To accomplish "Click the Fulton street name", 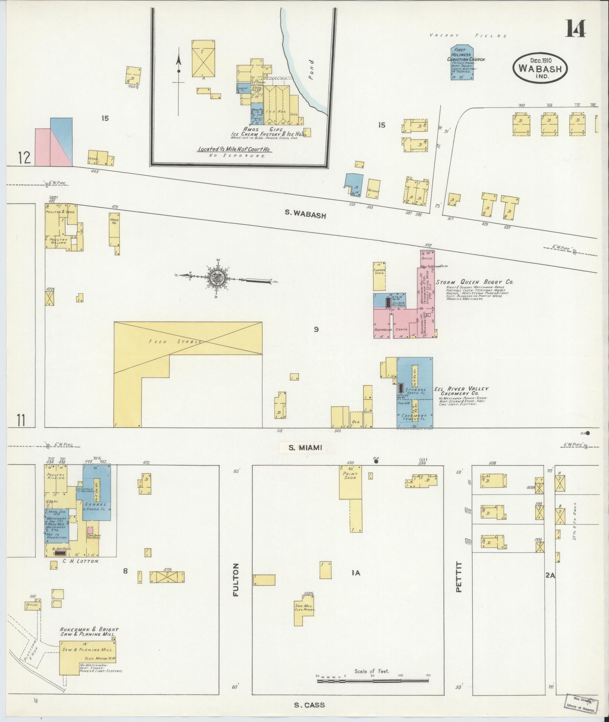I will (x=236, y=585).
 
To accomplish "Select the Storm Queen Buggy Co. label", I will (x=475, y=282).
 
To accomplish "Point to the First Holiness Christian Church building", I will (x=463, y=63).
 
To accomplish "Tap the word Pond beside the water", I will (x=311, y=68).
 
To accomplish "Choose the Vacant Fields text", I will (x=468, y=35).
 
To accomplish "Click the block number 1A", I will (x=356, y=583).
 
